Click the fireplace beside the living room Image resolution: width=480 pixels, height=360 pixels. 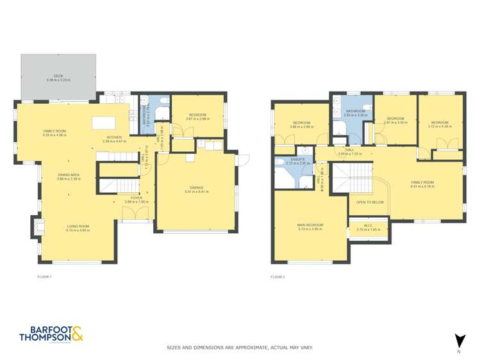coord(37,226)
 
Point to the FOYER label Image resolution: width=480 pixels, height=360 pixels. coord(137,199)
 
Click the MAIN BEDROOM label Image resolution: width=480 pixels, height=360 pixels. coord(310,225)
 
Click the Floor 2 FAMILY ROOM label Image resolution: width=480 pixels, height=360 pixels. coord(422,183)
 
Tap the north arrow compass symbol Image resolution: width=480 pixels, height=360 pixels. coord(459,341)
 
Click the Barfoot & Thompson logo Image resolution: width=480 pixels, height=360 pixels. coord(51,334)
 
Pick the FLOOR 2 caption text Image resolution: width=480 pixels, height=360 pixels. coord(277,277)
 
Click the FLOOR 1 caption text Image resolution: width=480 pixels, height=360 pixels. coord(44,277)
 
